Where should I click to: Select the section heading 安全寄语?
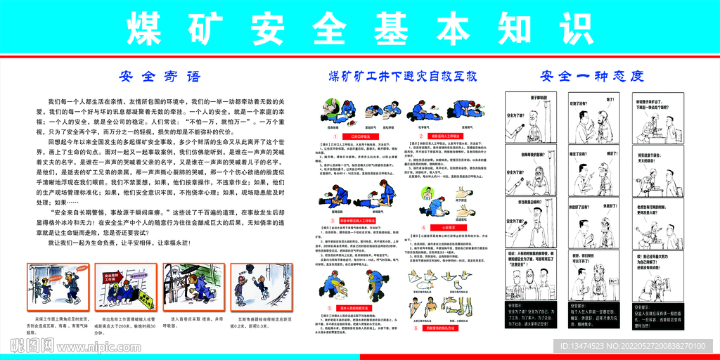[x=160, y=75]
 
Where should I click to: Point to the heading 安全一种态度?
[x=592, y=75]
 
